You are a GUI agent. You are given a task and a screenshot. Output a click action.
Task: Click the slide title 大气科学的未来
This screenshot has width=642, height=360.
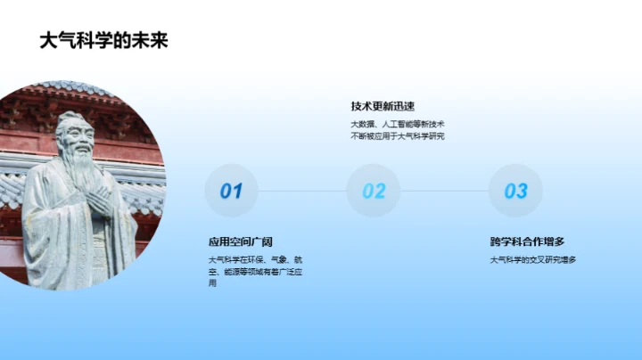tap(104, 40)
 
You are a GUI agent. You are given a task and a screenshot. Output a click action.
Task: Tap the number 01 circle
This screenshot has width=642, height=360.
tap(231, 191)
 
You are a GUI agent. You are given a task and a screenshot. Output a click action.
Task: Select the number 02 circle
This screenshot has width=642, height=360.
tap(374, 191)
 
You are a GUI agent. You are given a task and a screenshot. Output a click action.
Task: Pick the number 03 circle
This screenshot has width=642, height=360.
tap(515, 191)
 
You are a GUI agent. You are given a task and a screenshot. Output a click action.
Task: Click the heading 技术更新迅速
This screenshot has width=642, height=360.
tap(383, 106)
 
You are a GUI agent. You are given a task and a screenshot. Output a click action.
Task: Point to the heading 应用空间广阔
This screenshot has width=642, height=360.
tap(240, 241)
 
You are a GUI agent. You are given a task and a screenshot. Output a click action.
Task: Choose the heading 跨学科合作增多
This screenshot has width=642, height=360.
tap(527, 241)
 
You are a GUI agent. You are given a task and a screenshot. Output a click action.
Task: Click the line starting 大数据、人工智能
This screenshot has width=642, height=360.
tap(398, 124)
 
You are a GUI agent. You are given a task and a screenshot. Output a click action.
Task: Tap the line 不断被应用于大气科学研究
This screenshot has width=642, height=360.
tap(398, 136)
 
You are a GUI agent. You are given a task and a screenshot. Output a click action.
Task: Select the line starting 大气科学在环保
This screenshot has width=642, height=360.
tap(255, 259)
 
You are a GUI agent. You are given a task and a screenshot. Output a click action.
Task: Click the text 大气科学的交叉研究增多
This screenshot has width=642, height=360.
tap(533, 259)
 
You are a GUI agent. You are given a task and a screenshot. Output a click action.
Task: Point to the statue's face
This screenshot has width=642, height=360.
tap(75, 140)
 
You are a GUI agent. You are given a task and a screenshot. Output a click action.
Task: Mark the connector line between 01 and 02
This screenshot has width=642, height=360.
tap(301, 191)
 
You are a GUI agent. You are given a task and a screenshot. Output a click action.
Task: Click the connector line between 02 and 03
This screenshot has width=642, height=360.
tap(444, 191)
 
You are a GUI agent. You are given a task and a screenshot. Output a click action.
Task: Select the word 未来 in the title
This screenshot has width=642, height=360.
tap(150, 40)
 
